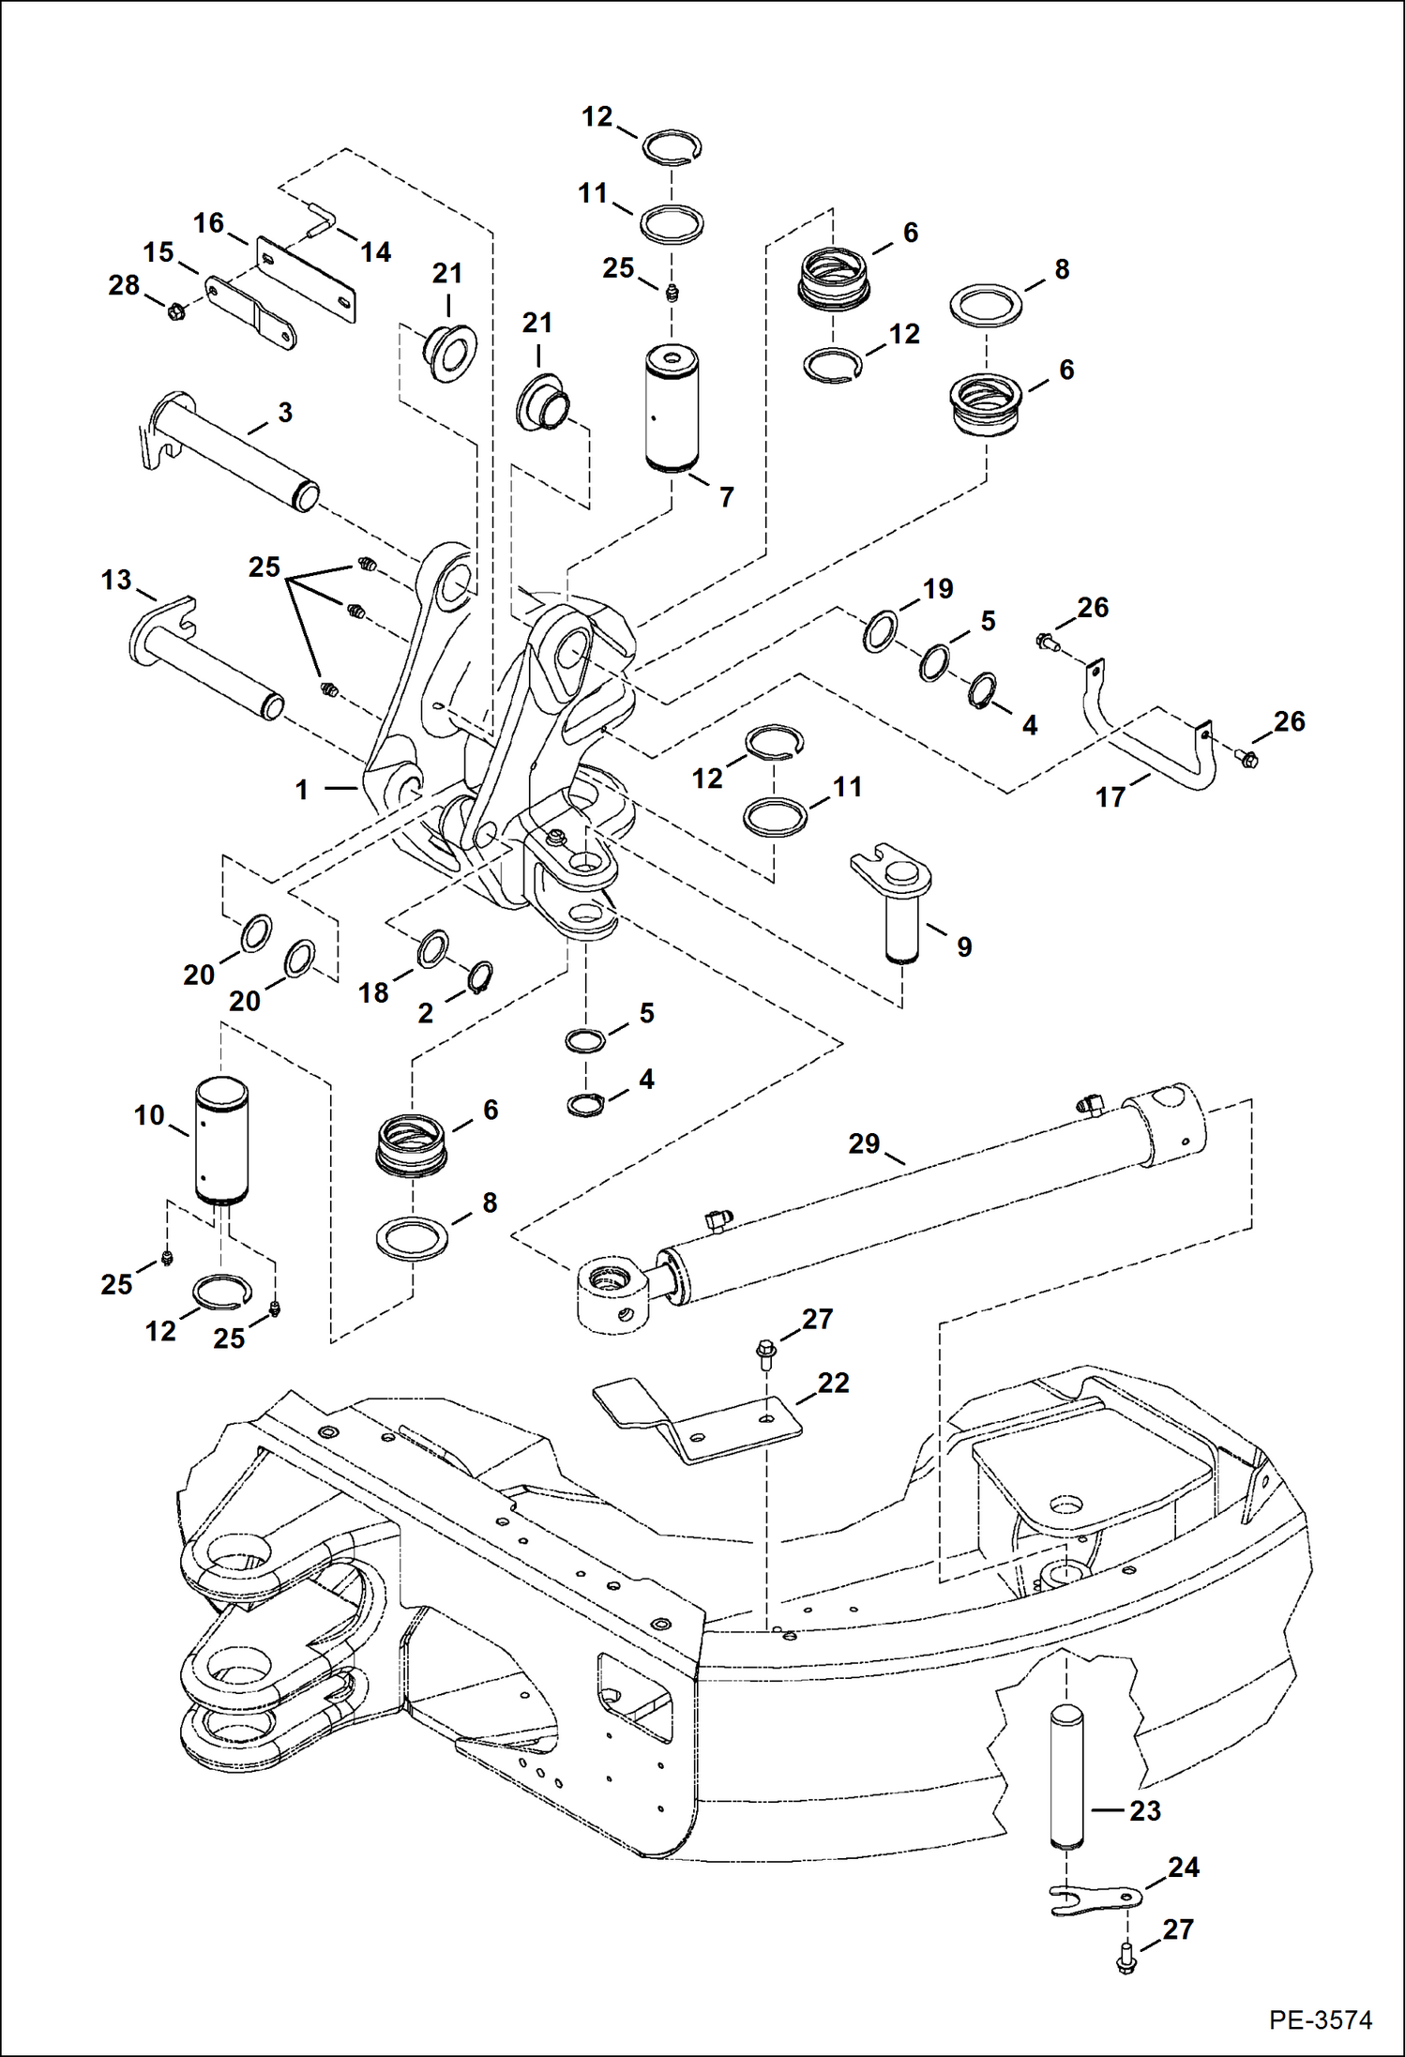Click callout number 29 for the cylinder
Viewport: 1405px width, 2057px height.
864,1143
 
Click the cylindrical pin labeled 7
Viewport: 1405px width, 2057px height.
672,409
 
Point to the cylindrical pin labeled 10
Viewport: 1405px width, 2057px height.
221,1141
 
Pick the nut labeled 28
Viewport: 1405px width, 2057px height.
174,310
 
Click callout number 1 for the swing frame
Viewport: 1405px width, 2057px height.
302,790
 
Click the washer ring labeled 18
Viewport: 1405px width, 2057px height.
432,948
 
